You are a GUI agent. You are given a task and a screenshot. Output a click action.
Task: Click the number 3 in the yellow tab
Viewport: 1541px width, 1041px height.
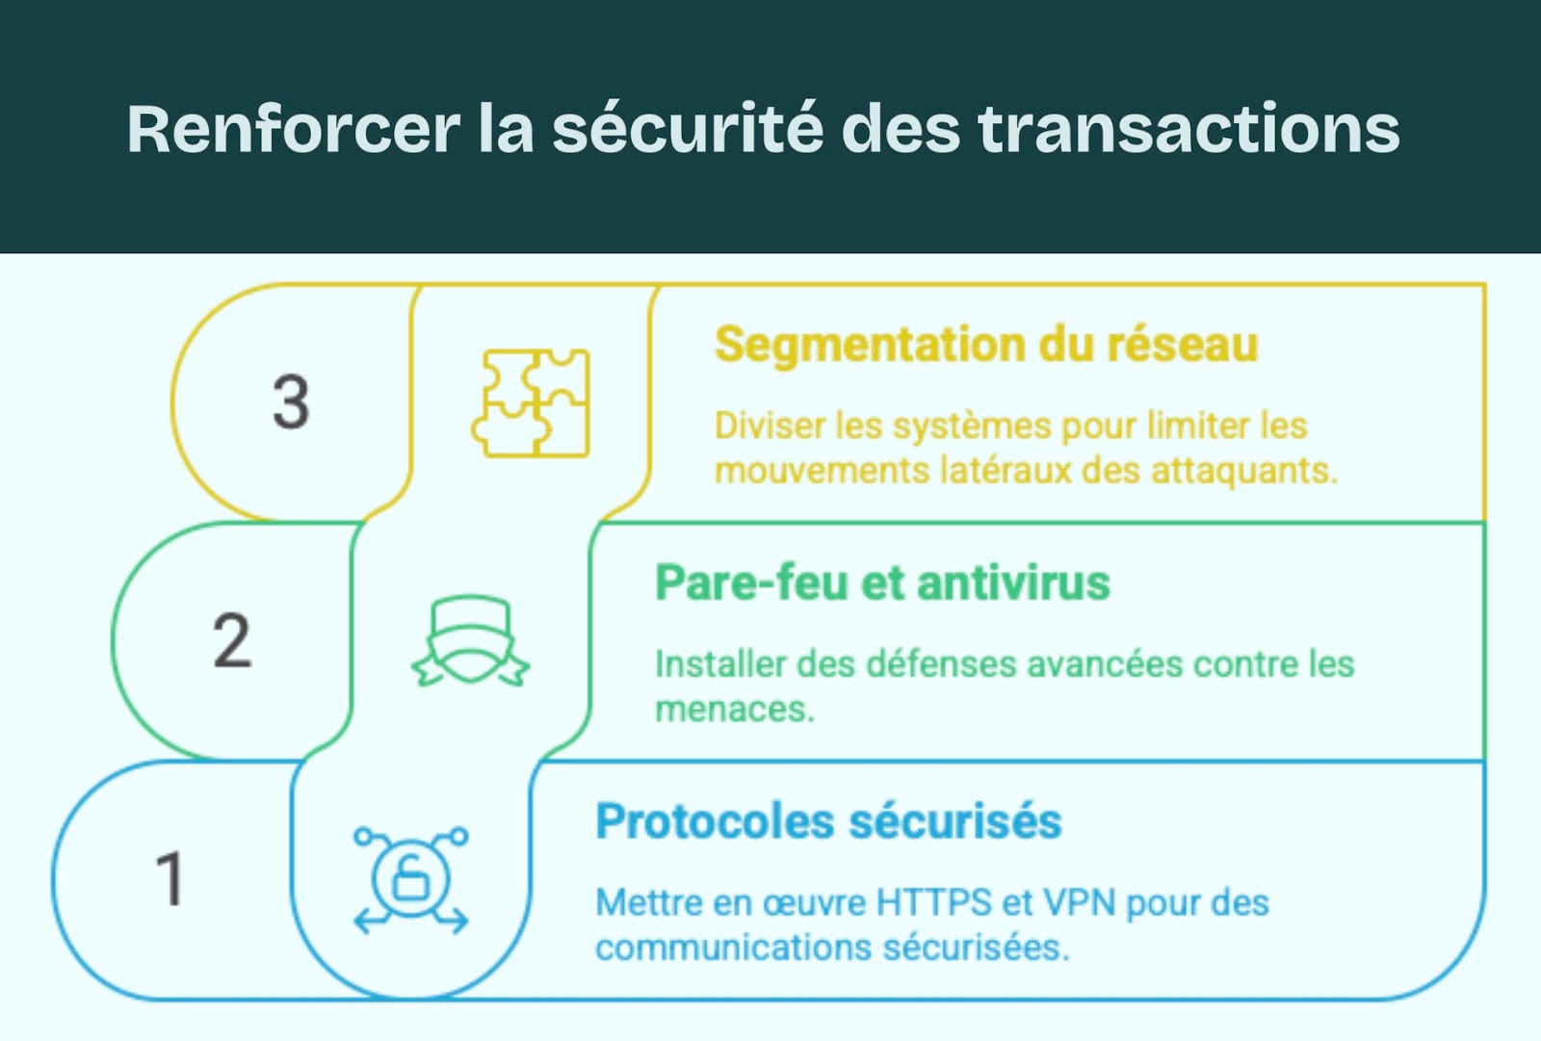coord(291,402)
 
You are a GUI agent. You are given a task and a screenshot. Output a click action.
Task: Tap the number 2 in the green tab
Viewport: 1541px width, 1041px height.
coord(232,640)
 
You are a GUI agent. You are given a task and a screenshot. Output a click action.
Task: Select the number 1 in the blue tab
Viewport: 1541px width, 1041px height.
coord(170,878)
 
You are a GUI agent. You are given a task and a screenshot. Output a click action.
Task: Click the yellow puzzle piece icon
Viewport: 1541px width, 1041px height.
coord(531,403)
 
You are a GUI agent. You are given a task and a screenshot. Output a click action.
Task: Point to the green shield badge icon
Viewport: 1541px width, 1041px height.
coord(471,640)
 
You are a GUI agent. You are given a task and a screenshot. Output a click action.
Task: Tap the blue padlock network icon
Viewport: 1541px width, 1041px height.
coord(411,878)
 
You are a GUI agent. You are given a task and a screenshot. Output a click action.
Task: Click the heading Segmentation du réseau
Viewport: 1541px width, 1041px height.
coord(985,345)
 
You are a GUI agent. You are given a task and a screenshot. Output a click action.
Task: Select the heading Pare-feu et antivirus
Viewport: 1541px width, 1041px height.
coord(882,583)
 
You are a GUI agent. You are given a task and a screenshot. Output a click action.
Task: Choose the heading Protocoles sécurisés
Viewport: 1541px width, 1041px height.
coord(828,821)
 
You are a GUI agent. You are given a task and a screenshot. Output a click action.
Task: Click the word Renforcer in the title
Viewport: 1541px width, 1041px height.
coord(294,129)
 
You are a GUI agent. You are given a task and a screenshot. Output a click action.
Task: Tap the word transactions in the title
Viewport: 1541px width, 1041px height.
coord(1188,129)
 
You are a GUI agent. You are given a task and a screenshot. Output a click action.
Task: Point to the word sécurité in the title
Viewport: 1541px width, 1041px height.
coord(688,129)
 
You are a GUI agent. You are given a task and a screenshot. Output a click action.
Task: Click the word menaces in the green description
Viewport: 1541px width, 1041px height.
coord(734,710)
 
